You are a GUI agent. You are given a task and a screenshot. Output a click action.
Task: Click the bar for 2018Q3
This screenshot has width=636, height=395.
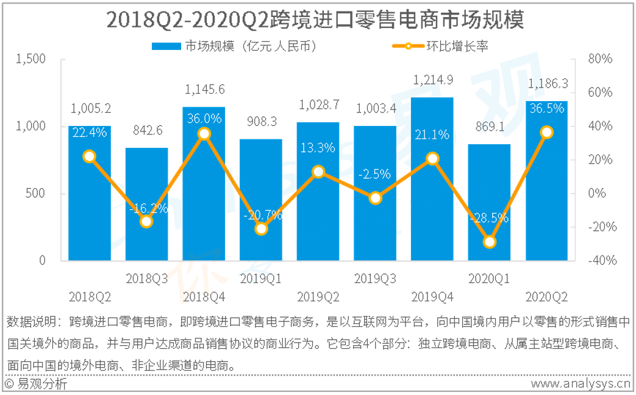point(146,204)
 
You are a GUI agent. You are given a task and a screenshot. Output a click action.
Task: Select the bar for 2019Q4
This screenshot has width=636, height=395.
point(432,179)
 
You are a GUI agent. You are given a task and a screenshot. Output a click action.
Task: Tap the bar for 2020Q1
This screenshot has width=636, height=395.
point(489,202)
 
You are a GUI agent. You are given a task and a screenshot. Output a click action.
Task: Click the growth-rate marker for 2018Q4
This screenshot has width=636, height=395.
point(204,134)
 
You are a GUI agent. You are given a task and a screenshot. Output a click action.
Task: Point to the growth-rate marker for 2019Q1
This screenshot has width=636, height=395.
point(261,229)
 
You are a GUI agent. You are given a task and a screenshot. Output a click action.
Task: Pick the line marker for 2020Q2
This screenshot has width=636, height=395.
point(547,132)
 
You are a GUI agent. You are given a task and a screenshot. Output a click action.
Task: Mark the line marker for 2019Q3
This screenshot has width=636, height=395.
point(375,198)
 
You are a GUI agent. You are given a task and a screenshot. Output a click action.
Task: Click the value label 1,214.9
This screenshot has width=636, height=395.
point(433,80)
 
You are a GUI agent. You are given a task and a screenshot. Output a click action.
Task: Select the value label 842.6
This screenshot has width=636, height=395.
point(147,130)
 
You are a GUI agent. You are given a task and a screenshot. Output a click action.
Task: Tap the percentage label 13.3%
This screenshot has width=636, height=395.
point(318,148)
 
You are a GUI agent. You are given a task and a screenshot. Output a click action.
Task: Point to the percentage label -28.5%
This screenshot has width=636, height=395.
point(489,218)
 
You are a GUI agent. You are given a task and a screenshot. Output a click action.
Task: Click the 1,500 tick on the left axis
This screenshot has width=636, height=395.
point(31,59)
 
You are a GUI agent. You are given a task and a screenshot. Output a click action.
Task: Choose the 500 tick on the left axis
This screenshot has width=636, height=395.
point(35,193)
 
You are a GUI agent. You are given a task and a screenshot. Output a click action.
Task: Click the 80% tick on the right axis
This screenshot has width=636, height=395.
point(600,59)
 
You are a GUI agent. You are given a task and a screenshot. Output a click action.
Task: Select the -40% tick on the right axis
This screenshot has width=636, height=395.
point(602,260)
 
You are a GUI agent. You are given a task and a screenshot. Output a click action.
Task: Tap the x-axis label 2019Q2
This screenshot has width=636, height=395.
point(318,297)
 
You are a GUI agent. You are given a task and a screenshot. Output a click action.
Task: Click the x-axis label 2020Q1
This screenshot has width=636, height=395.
point(489,278)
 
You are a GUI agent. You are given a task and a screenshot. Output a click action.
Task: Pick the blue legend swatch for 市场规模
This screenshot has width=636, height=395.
point(166,46)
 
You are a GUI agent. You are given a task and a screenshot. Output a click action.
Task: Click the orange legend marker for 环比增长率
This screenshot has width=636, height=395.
point(408,46)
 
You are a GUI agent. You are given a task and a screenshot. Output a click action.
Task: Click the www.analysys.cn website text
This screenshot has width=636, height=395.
point(580,383)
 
